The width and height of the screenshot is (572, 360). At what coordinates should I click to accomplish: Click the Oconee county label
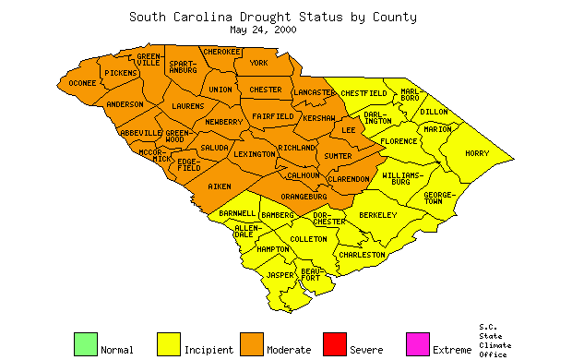[77, 83]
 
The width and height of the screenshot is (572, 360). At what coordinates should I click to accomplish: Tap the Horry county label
[477, 153]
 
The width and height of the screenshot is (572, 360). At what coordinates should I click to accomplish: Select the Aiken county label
[220, 186]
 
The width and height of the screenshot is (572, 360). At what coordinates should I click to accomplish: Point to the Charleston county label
[363, 254]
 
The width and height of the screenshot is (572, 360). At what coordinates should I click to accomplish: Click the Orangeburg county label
[304, 196]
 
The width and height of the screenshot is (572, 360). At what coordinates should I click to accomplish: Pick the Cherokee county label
[221, 52]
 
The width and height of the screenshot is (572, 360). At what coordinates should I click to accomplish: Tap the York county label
[258, 63]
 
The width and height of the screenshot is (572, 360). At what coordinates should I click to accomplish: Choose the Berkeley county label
[377, 215]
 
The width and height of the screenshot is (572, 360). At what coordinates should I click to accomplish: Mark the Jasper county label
[280, 275]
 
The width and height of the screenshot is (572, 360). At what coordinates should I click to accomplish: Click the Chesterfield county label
[363, 93]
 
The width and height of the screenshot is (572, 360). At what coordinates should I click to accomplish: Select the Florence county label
[399, 141]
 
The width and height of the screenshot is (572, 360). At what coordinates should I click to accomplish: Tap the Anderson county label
[125, 104]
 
